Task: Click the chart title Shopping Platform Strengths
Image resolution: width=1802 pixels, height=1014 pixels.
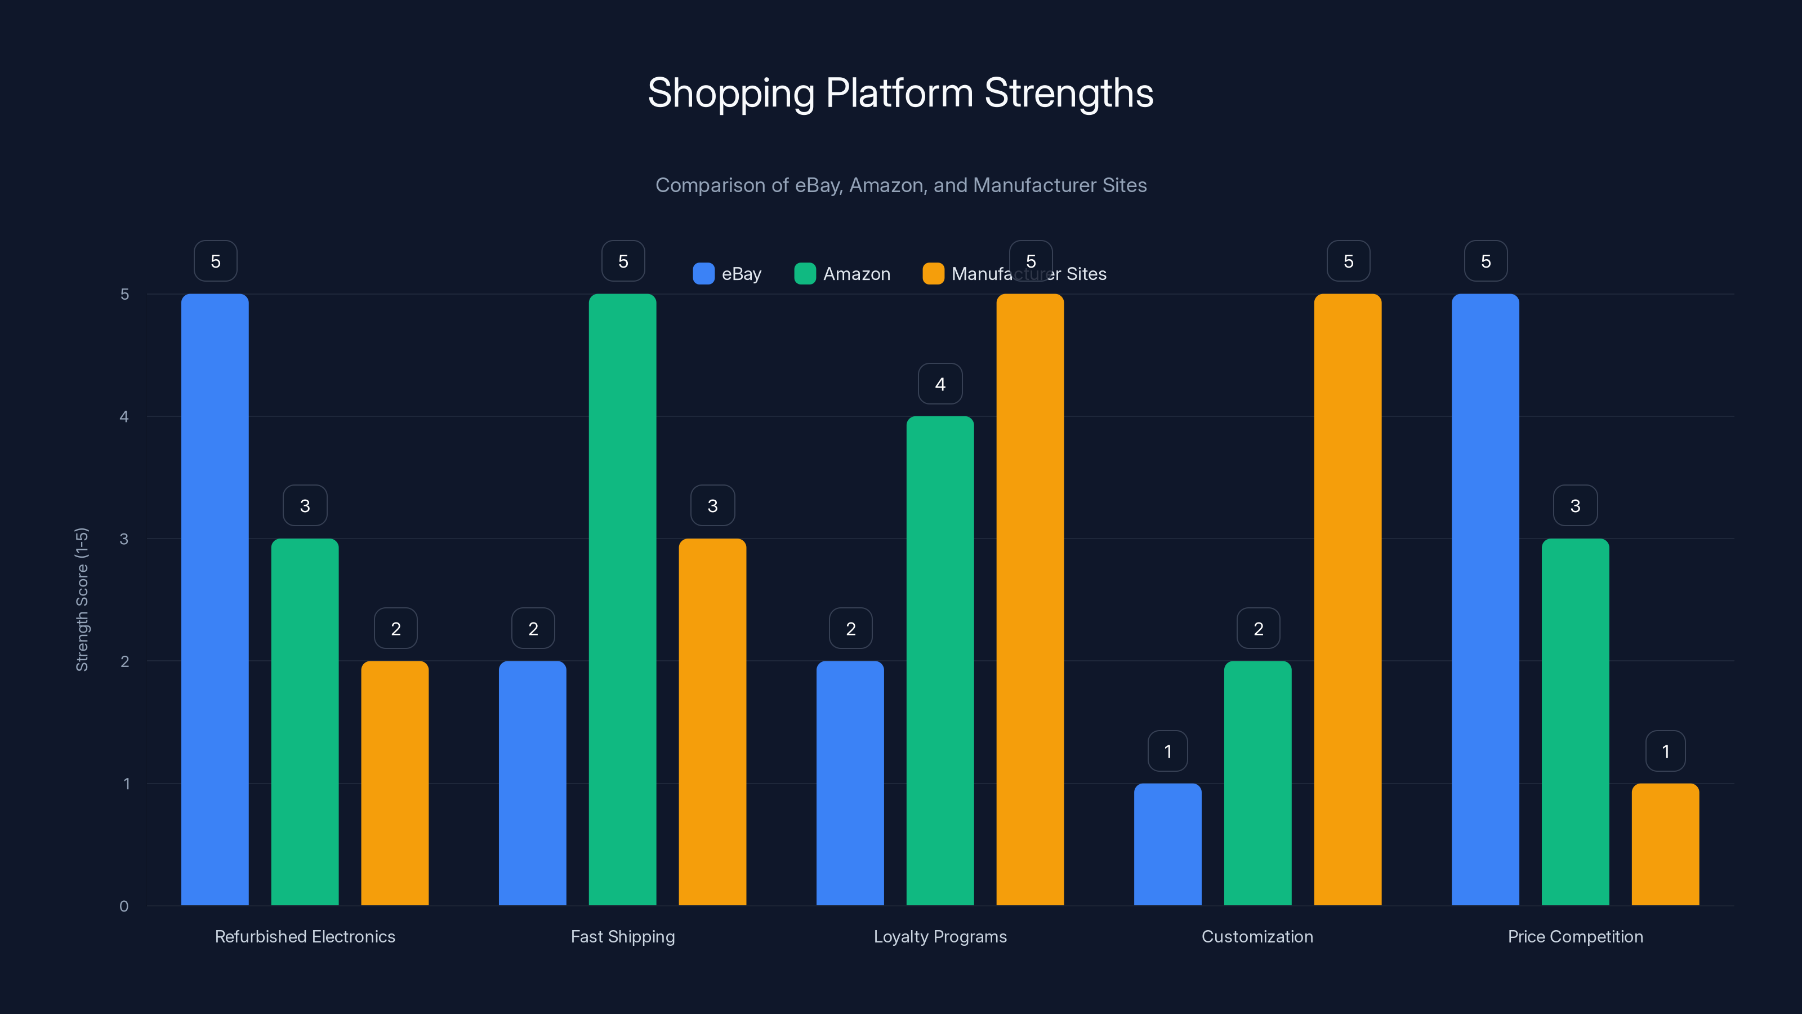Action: pyautogui.click(x=900, y=93)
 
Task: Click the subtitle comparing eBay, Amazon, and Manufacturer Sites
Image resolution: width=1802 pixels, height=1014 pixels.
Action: pyautogui.click(x=900, y=185)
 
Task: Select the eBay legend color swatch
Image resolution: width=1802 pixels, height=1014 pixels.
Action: pyautogui.click(x=703, y=274)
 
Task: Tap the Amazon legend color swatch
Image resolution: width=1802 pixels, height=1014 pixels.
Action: pyautogui.click(x=805, y=274)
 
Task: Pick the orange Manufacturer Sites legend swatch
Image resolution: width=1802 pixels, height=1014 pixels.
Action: pyautogui.click(x=933, y=274)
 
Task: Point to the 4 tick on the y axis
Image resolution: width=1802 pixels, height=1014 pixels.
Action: pyautogui.click(x=124, y=417)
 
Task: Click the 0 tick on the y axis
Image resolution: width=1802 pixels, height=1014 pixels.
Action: pyautogui.click(x=124, y=906)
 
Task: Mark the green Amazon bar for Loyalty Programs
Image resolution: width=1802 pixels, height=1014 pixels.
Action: pyautogui.click(x=940, y=661)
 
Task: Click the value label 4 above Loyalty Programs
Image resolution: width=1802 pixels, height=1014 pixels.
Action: pyautogui.click(x=940, y=384)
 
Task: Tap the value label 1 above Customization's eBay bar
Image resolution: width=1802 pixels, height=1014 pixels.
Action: pyautogui.click(x=1167, y=751)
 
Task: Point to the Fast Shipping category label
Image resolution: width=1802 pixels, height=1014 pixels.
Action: pyautogui.click(x=623, y=936)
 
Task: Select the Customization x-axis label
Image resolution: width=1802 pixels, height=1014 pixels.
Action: pyautogui.click(x=1257, y=936)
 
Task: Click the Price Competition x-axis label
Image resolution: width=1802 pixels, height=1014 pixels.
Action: pyautogui.click(x=1576, y=936)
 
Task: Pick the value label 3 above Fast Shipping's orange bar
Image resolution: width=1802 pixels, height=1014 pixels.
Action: pyautogui.click(x=712, y=506)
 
